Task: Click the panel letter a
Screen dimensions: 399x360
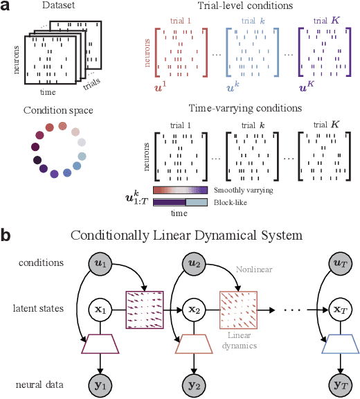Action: coord(6,8)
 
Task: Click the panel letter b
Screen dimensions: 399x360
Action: coord(6,236)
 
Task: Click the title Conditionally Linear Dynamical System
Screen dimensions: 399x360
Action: coord(186,236)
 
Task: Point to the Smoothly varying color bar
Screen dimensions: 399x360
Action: coord(180,189)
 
